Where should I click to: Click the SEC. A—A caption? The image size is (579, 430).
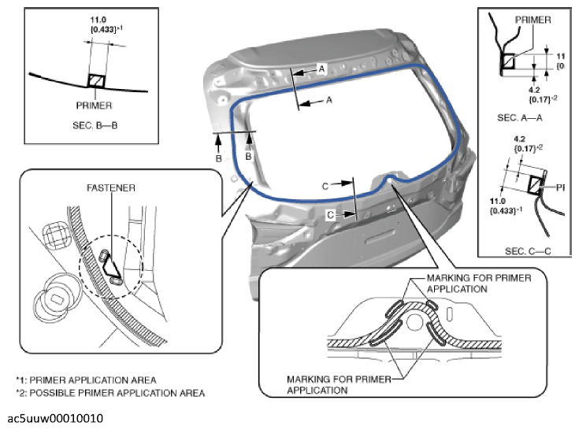tap(521, 117)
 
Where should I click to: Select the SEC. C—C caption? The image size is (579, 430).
tap(523, 250)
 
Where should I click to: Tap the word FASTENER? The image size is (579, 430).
tap(112, 188)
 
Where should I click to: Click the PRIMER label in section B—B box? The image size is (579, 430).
tap(95, 105)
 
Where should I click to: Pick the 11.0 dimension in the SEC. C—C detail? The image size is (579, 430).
tap(502, 201)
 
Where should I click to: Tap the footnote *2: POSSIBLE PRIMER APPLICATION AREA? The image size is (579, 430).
tap(109, 391)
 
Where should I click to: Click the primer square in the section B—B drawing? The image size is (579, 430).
tap(95, 80)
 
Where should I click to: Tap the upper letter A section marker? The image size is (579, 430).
tap(321, 69)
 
